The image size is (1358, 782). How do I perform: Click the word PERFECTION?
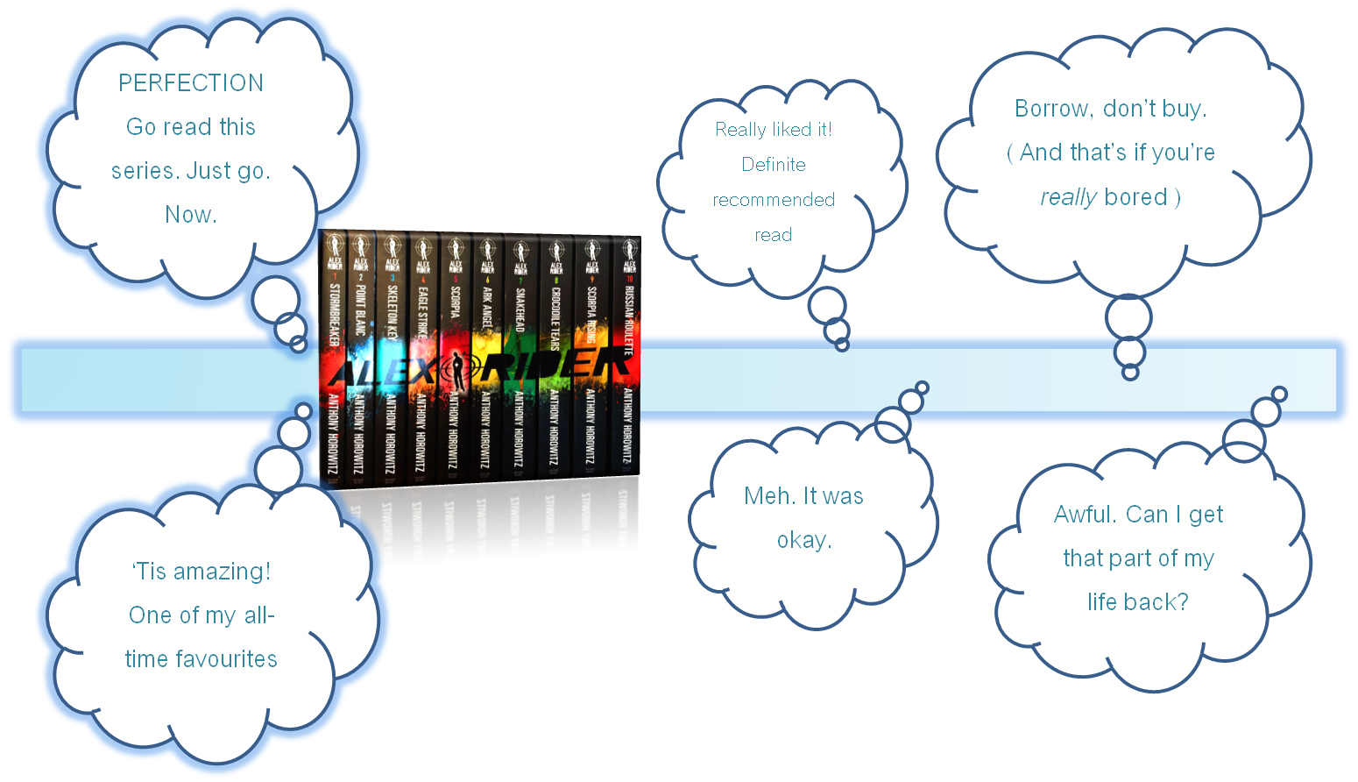pyautogui.click(x=191, y=83)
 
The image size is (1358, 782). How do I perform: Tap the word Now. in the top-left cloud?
pyautogui.click(x=191, y=215)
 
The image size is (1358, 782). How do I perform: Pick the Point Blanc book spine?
pyautogui.click(x=360, y=351)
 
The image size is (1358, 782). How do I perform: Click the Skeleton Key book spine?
pyautogui.click(x=392, y=351)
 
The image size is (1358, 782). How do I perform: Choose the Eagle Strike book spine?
pyautogui.click(x=422, y=351)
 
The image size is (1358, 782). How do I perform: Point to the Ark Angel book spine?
pyautogui.click(x=487, y=351)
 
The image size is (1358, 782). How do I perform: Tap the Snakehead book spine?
pyautogui.click(x=520, y=351)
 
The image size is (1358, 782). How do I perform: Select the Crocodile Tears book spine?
pyautogui.click(x=555, y=351)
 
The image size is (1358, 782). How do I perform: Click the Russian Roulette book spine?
pyautogui.click(x=627, y=351)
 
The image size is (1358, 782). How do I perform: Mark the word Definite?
pyautogui.click(x=774, y=165)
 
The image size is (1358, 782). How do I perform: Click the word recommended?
pyautogui.click(x=774, y=200)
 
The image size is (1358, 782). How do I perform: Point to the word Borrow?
pyautogui.click(x=1054, y=109)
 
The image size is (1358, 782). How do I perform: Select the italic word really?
pyautogui.click(x=1068, y=197)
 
